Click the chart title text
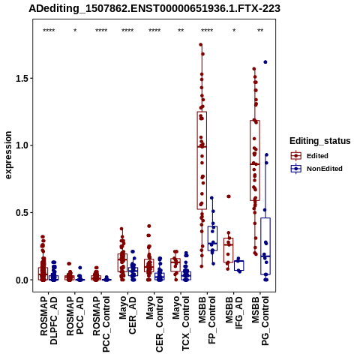pyautogui.click(x=154, y=9)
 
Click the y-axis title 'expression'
pyautogui.click(x=8, y=155)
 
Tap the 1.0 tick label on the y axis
pyautogui.click(x=21, y=145)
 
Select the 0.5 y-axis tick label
pyautogui.click(x=21, y=213)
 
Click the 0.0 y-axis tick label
pyautogui.click(x=21, y=280)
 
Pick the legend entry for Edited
pyautogui.click(x=309, y=156)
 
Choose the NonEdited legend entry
pyautogui.click(x=316, y=169)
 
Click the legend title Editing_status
pyautogui.click(x=320, y=141)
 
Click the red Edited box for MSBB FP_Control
pyautogui.click(x=202, y=160)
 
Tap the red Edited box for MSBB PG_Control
pyautogui.click(x=255, y=160)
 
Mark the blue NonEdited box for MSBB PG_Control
pyautogui.click(x=265, y=246)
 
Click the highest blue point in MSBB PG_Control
pyautogui.click(x=265, y=62)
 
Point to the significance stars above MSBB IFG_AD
pyautogui.click(x=234, y=31)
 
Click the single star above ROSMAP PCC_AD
pyautogui.click(x=75, y=31)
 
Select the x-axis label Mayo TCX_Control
pyautogui.click(x=181, y=324)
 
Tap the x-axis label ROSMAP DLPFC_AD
pyautogui.click(x=49, y=321)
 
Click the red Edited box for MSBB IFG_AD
pyautogui.click(x=228, y=250)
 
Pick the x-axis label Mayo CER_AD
pyautogui.click(x=127, y=315)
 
